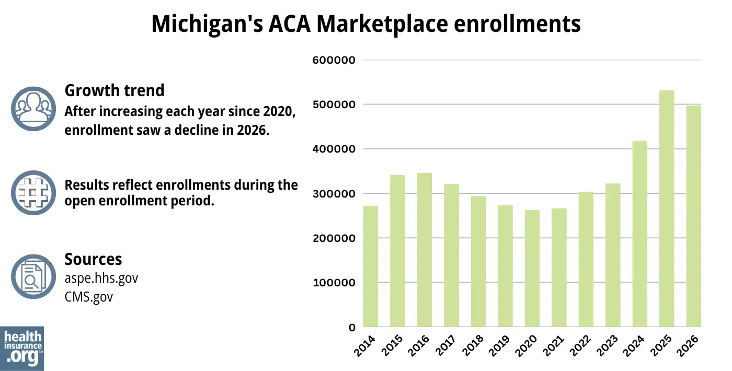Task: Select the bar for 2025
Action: click(667, 209)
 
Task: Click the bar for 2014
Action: click(371, 266)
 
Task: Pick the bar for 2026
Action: click(693, 216)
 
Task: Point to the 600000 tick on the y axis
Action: click(334, 60)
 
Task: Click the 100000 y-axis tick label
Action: click(334, 283)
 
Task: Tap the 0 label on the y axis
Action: click(352, 328)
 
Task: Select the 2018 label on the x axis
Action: click(475, 346)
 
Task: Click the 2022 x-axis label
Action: click(583, 346)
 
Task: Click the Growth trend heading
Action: click(115, 90)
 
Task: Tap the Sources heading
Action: click(93, 259)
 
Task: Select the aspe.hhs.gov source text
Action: click(101, 278)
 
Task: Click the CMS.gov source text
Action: click(88, 297)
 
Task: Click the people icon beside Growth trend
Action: click(33, 108)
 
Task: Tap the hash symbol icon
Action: click(33, 193)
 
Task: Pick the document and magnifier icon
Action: click(33, 277)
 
